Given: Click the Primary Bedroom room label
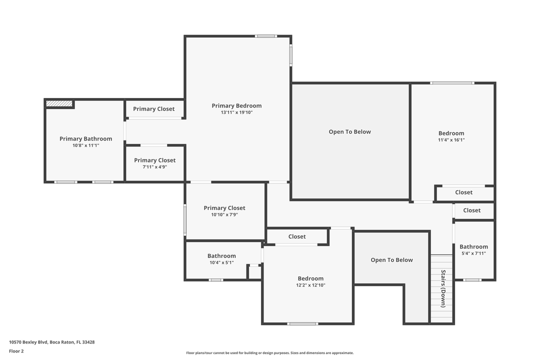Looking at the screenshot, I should [x=236, y=105].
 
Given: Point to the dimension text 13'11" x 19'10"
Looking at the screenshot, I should [x=236, y=112].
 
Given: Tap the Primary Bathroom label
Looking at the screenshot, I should [x=85, y=138].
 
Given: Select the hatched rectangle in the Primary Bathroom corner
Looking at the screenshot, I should [x=59, y=103].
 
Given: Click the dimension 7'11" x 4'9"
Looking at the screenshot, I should [x=154, y=167].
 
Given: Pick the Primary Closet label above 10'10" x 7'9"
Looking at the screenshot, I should [x=224, y=208].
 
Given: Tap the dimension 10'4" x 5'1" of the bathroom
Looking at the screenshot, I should [x=221, y=262].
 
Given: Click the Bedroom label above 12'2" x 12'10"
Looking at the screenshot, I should [x=310, y=278].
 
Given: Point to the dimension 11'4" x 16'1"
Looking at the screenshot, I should [x=451, y=140].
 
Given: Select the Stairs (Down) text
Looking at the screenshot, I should [x=443, y=288].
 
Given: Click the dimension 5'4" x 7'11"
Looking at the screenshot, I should [x=473, y=253].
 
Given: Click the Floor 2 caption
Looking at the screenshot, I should [x=16, y=351].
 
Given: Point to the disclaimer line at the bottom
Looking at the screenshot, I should [x=269, y=353].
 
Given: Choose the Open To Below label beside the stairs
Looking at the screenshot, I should [x=391, y=260].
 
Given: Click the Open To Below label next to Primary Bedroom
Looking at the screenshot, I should [x=349, y=132].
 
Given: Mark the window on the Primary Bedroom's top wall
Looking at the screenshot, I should [x=265, y=36].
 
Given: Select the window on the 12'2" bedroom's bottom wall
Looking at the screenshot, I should [x=302, y=323].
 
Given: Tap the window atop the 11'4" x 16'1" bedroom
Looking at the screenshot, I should [x=452, y=83].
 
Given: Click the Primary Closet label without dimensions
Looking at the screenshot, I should [x=153, y=109].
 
